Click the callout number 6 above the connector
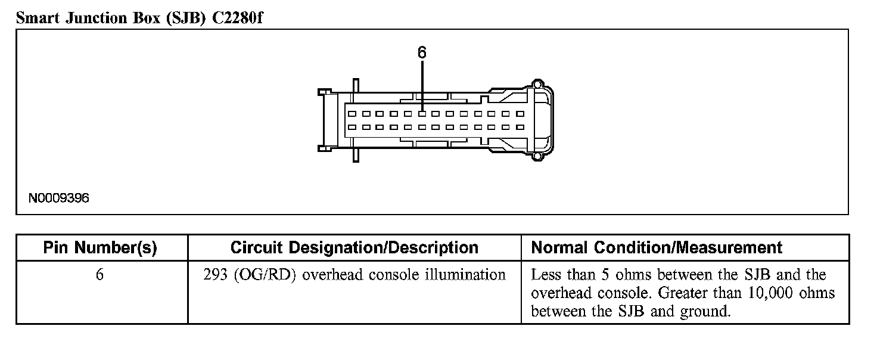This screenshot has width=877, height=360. (x=422, y=53)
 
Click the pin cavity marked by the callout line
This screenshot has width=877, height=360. (x=422, y=113)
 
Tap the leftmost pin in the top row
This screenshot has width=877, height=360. (x=352, y=113)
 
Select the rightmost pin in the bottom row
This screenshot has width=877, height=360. (x=520, y=127)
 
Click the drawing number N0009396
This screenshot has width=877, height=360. (x=59, y=198)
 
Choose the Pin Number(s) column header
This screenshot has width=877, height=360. (x=100, y=248)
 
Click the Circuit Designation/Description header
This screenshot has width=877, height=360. (x=354, y=248)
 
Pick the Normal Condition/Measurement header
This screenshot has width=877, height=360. (x=656, y=248)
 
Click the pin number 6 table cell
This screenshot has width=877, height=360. (x=99, y=275)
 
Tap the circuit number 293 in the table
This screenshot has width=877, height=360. (x=214, y=275)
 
